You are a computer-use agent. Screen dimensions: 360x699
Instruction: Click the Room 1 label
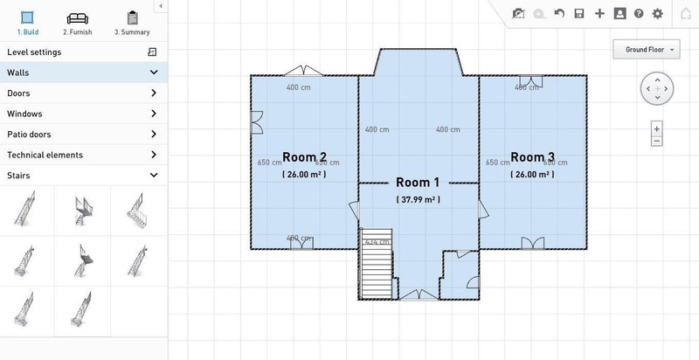click(418, 183)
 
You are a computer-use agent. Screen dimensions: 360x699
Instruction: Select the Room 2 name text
click(304, 157)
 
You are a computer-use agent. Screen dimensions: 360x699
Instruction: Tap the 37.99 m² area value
click(418, 199)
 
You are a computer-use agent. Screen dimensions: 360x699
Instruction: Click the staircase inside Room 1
click(376, 265)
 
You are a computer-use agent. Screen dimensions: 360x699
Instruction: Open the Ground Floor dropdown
click(647, 50)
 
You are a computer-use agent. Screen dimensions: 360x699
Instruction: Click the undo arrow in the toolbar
click(559, 14)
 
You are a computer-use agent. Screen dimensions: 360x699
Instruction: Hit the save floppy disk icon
click(579, 14)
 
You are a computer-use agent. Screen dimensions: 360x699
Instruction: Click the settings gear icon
click(658, 14)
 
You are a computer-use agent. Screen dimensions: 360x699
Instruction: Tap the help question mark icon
click(639, 14)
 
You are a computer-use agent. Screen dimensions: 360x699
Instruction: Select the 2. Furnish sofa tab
click(77, 23)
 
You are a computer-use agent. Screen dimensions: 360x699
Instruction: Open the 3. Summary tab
click(132, 23)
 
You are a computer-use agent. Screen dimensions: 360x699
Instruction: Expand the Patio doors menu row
click(82, 135)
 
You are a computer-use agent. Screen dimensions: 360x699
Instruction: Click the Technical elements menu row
click(82, 155)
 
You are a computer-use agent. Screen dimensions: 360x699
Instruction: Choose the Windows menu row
click(82, 114)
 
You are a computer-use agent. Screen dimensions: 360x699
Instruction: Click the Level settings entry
click(82, 52)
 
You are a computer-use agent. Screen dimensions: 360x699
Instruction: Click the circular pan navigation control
click(656, 88)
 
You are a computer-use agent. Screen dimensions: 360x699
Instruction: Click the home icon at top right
click(685, 14)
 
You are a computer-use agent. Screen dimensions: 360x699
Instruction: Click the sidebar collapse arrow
click(161, 6)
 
